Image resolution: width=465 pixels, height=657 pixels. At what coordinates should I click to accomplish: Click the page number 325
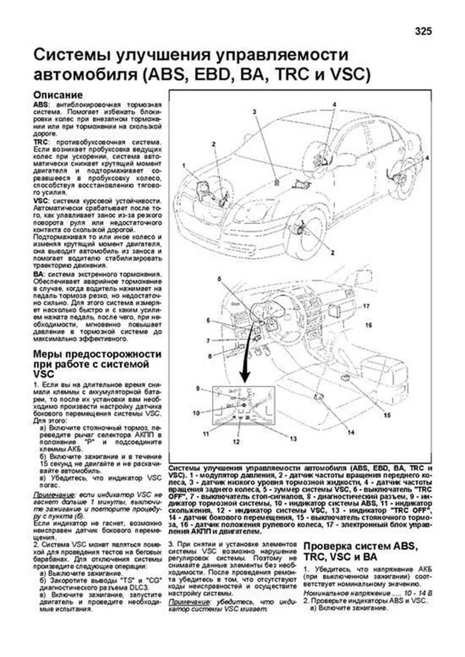[x=423, y=32]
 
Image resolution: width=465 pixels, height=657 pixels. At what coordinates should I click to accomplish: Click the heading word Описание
[x=58, y=95]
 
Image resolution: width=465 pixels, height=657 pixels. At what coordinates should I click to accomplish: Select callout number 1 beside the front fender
[x=184, y=166]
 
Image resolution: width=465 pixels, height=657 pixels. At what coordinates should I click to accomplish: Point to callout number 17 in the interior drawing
[x=367, y=306]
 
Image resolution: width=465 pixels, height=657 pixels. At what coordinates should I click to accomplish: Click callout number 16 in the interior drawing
[x=369, y=325]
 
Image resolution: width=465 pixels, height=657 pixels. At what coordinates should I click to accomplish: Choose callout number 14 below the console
[x=351, y=432]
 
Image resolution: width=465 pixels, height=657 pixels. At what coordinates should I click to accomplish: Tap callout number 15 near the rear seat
[x=387, y=415]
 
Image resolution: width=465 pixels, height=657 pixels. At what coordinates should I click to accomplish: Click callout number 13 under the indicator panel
[x=293, y=439]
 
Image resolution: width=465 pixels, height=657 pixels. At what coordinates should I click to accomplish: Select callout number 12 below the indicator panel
[x=236, y=441]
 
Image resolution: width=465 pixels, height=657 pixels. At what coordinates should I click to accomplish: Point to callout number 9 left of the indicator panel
[x=198, y=388]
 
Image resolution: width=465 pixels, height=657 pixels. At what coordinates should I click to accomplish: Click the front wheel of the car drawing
[x=306, y=236]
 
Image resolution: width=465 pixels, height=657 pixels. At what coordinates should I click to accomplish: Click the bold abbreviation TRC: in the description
[x=41, y=142]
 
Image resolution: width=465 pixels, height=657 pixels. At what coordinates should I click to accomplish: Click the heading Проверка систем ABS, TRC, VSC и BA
[x=360, y=552]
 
